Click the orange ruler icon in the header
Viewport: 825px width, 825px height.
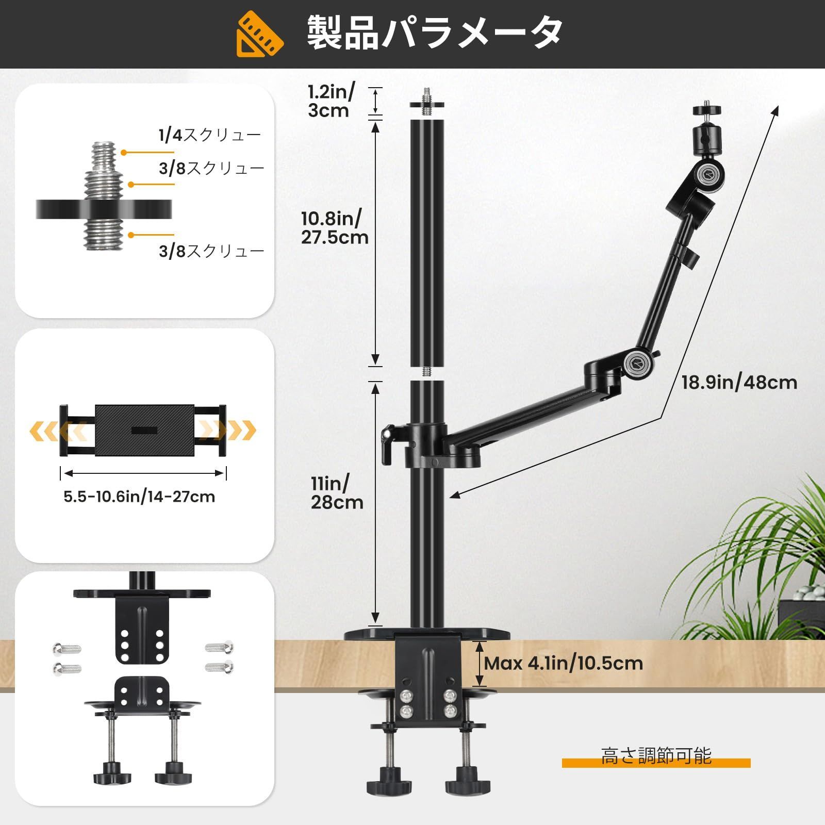260,34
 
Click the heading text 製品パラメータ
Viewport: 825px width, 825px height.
435,32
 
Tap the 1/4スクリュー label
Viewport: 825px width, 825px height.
210,135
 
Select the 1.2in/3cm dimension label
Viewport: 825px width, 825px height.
331,101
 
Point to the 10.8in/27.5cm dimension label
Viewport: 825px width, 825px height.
335,227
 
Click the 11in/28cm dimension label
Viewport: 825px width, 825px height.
337,492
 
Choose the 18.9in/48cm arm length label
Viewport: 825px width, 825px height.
739,383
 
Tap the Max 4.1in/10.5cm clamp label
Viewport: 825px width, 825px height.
564,663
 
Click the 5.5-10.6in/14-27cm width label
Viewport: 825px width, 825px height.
139,497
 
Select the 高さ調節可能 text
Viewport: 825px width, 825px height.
656,756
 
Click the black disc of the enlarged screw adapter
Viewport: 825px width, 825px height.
104,209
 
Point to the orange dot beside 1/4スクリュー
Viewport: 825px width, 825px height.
124,152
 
